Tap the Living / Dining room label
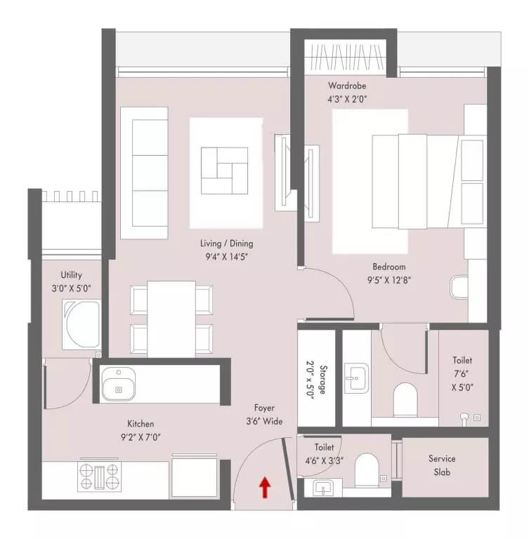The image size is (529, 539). click(x=226, y=244)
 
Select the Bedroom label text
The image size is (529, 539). click(x=388, y=267)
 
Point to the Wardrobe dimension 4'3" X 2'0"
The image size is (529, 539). click(x=347, y=99)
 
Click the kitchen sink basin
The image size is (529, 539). click(x=117, y=385)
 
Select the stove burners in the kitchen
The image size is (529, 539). click(x=100, y=477)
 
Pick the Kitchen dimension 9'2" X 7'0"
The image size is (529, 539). click(x=141, y=437)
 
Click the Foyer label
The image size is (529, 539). click(x=264, y=408)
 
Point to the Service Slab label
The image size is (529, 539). click(x=442, y=465)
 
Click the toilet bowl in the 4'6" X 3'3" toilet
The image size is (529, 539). click(x=367, y=470)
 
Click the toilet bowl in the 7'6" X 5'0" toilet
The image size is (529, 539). click(x=404, y=401)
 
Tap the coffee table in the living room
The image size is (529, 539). click(x=225, y=171)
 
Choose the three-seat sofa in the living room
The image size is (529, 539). click(x=143, y=172)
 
